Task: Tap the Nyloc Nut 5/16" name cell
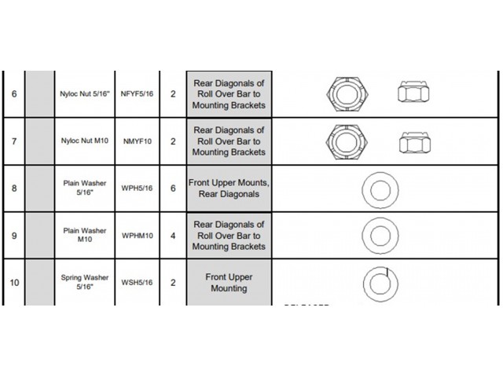click(84, 93)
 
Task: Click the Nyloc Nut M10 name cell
click(84, 141)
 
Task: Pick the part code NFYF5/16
click(137, 93)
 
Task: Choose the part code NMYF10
click(137, 141)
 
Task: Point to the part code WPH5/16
click(137, 188)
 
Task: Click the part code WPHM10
click(137, 235)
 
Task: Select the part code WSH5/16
click(137, 283)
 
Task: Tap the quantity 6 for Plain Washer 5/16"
click(173, 188)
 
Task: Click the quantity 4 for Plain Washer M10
click(173, 235)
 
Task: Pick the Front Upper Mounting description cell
click(229, 283)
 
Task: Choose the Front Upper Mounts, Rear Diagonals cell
click(229, 188)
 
